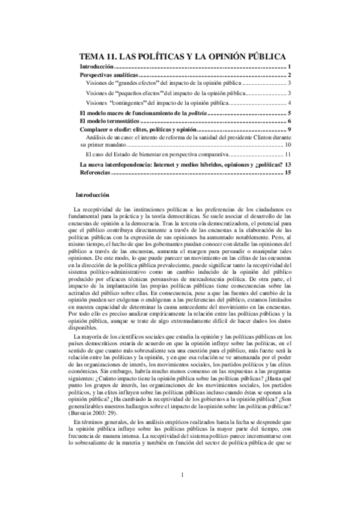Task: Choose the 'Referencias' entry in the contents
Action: click(96, 173)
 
